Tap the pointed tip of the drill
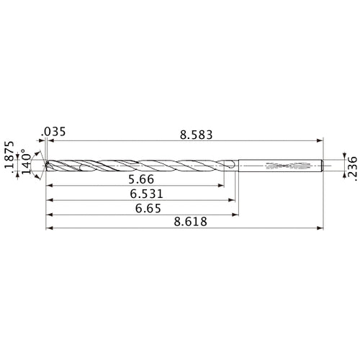point(45,166)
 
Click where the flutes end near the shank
point(229,166)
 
